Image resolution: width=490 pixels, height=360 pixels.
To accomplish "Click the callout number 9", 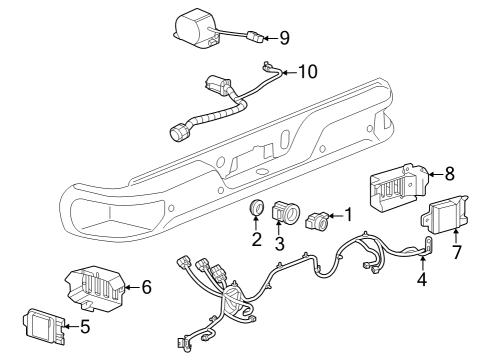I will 284,38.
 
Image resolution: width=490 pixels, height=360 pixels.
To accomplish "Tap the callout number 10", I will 307,71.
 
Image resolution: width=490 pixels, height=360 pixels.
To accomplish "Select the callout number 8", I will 449,172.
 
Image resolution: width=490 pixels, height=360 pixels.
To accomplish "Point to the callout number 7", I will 456,252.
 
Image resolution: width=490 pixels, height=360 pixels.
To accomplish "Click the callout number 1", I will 348,213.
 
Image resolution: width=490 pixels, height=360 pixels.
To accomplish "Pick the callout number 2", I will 256,240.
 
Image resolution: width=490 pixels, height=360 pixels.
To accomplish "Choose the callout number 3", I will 280,245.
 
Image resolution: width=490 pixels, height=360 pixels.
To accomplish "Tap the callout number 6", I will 146,288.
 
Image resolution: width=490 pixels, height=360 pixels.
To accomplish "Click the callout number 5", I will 84,325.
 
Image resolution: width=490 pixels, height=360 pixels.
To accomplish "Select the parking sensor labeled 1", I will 318,217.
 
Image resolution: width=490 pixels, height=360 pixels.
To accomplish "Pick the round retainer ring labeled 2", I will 256,210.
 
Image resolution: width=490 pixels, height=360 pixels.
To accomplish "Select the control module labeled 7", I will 447,214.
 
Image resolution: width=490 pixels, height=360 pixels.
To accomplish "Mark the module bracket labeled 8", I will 400,186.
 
